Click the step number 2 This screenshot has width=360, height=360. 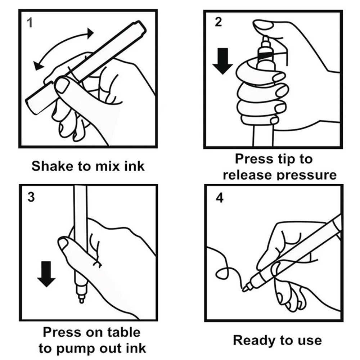218,22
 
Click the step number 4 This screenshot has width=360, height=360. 219,198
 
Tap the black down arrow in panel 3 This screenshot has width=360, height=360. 46,274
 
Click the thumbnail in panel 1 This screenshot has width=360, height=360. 62,85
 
